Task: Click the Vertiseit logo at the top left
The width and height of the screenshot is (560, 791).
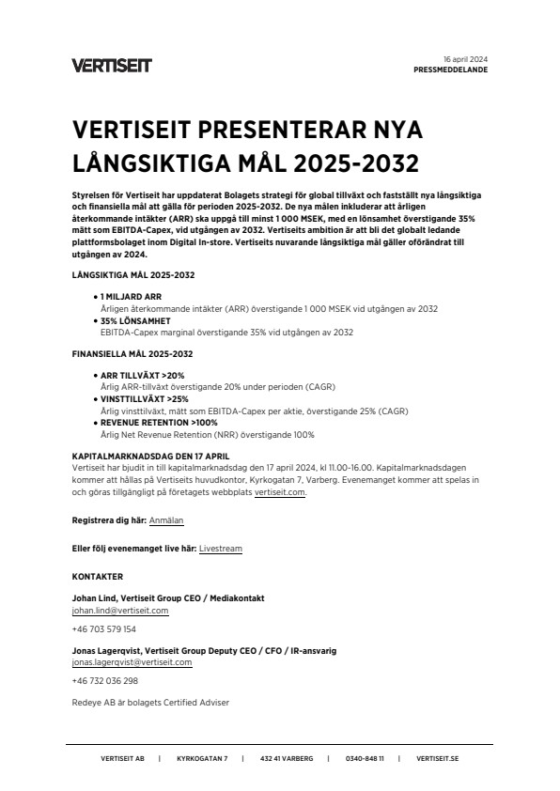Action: (111, 65)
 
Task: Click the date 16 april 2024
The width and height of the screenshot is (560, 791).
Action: (465, 59)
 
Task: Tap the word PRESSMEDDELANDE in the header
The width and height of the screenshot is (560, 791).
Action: (450, 70)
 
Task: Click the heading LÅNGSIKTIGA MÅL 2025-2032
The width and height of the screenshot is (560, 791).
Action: (132, 274)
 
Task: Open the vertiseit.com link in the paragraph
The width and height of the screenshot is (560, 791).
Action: (281, 491)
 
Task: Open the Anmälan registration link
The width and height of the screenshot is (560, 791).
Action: (166, 520)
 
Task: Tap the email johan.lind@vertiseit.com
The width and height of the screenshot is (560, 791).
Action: (119, 611)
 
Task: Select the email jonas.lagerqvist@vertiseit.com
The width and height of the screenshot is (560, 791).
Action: (132, 662)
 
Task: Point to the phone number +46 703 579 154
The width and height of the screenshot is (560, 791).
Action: (103, 629)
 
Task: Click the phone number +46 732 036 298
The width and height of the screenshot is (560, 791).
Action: (104, 681)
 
